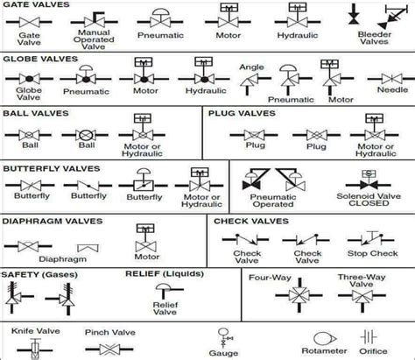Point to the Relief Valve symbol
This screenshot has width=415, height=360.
pos(165,293)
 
